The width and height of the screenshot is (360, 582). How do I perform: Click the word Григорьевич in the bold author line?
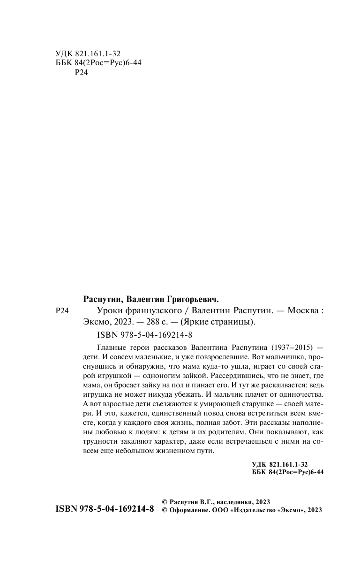pyautogui.click(x=193, y=299)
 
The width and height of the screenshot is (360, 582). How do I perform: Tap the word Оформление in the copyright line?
pyautogui.click(x=187, y=510)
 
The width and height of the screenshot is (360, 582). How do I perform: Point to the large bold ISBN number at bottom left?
pyautogui.click(x=105, y=510)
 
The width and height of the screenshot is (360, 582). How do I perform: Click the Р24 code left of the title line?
pyautogui.click(x=62, y=310)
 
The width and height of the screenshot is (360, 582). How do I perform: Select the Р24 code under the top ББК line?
pyautogui.click(x=82, y=73)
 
